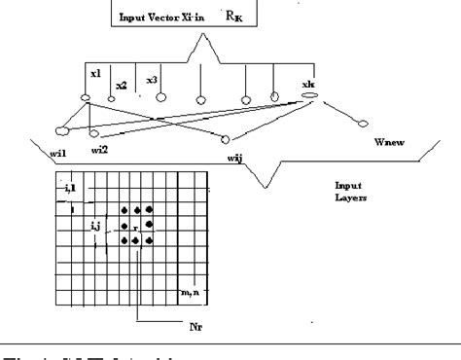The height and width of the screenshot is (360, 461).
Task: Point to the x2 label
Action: click(x=121, y=86)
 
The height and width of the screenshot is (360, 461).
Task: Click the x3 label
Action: click(x=153, y=78)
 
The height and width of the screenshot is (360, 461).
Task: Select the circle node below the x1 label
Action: click(x=86, y=98)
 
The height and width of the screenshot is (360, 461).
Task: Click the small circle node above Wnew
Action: click(x=364, y=125)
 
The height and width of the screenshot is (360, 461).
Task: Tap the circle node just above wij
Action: click(x=225, y=138)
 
